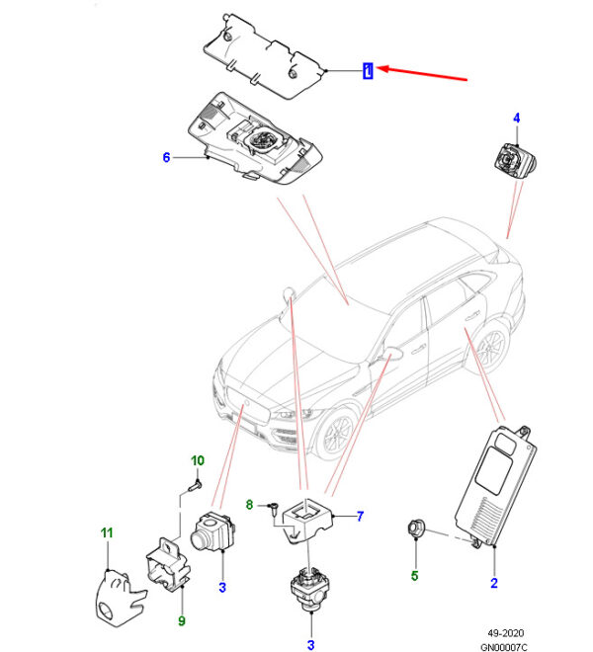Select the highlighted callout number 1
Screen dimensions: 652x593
click(x=368, y=71)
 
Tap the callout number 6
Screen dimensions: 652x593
click(x=166, y=157)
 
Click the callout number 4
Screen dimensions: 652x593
click(x=515, y=119)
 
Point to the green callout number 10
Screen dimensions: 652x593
click(x=197, y=460)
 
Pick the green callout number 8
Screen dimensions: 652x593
click(x=250, y=505)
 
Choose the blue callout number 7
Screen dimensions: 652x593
click(x=361, y=516)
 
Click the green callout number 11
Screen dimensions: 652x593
click(x=108, y=533)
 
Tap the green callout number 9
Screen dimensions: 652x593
click(x=182, y=620)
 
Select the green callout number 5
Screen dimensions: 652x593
click(x=415, y=576)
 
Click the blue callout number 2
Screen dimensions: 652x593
click(x=493, y=584)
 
